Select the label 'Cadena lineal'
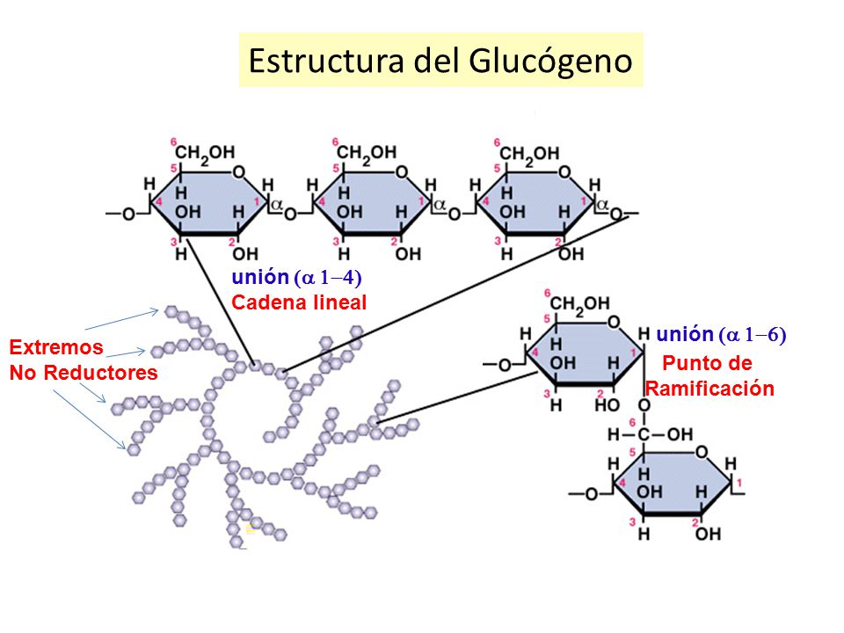298,302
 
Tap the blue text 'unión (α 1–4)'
296,278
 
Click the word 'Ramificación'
710,389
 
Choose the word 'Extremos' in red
56,347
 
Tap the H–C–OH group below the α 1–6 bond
650,434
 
